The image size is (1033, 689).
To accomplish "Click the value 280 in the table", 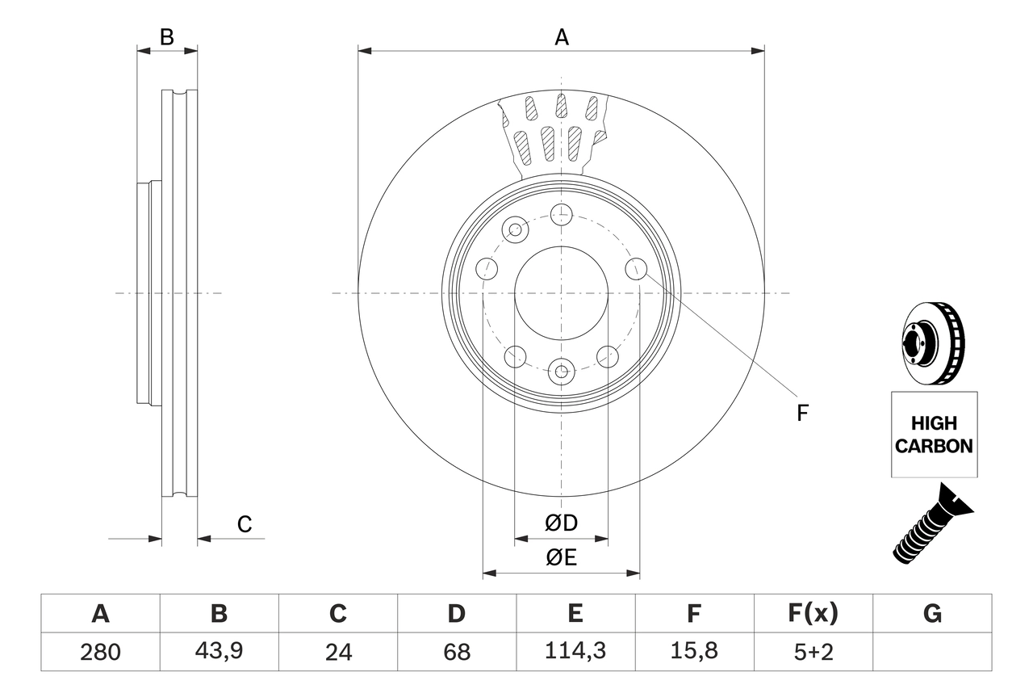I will point(100,652).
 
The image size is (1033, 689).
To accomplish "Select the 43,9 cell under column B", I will point(219,652).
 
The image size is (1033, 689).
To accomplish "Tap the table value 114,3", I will point(575,652).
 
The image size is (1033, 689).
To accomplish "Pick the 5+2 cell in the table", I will point(813,652).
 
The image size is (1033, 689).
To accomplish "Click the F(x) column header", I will point(813,614).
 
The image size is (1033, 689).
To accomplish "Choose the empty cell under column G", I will point(932,652).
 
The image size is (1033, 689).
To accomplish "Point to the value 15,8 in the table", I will point(693,652).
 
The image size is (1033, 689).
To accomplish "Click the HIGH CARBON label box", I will point(934,435).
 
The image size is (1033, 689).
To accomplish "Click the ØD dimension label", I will point(562,523).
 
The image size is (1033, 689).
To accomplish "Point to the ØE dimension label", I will point(562,557).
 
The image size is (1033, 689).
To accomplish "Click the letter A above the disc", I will point(561,37).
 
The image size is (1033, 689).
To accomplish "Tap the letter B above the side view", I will point(166,37).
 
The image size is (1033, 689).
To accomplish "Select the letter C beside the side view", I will point(245,524).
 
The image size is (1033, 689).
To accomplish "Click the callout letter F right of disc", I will point(802,414).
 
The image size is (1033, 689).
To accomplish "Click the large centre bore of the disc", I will point(561,292).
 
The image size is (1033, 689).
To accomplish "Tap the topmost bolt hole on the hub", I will point(561,214).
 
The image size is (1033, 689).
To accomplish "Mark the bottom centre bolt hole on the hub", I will point(561,372).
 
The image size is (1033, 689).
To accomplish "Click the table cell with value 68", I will point(456,652).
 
